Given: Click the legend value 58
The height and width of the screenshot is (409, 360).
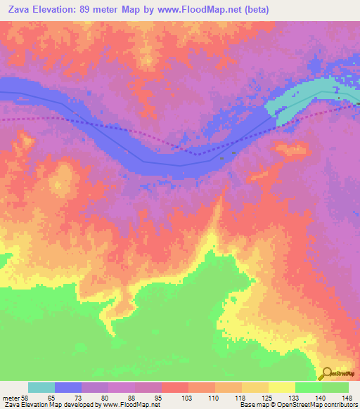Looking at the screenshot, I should (26, 396).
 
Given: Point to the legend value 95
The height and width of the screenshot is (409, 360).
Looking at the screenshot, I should (158, 396).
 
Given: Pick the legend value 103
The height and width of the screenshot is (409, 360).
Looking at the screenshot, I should (186, 396).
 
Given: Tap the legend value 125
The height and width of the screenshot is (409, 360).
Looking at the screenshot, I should (265, 396).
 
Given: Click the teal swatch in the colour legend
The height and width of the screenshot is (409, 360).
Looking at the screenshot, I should (41, 387).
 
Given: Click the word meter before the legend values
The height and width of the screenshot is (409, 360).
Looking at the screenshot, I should (11, 396).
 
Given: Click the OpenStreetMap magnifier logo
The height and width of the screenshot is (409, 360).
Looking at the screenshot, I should (326, 373).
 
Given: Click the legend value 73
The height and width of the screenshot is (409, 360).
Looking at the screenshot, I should (79, 396).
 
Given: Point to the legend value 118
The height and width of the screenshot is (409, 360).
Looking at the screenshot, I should (238, 396).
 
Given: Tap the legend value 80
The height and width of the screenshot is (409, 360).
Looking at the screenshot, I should (105, 396).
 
